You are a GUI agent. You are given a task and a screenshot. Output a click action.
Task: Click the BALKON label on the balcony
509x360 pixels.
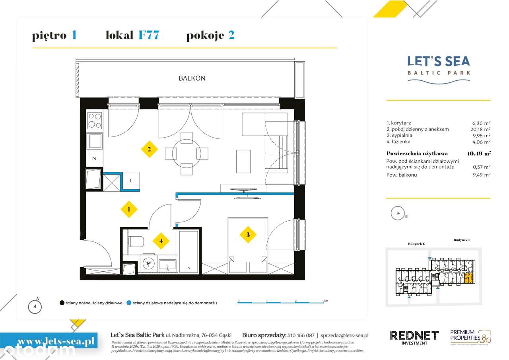[x=192, y=78]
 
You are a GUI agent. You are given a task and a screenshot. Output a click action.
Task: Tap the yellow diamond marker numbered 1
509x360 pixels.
[x=129, y=208]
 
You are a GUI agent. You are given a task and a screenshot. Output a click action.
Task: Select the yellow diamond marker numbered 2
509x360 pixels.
[x=149, y=150]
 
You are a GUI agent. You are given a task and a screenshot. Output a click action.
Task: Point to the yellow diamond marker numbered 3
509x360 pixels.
[x=248, y=235]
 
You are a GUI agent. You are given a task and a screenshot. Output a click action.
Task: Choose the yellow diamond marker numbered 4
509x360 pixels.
[x=161, y=241]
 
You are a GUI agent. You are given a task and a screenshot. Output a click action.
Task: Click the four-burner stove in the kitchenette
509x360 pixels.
[x=95, y=121]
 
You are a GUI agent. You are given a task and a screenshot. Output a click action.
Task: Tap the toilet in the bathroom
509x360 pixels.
[x=136, y=242]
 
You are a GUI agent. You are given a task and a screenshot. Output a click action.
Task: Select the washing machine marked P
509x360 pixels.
[x=149, y=263]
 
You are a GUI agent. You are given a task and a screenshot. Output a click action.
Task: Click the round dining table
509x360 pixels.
[x=187, y=153]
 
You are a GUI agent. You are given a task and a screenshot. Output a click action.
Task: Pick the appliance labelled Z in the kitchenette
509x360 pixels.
[x=95, y=158]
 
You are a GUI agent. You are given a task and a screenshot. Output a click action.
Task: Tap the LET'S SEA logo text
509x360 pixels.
[x=439, y=61]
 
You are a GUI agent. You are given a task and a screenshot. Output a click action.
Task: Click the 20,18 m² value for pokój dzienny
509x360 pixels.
[x=480, y=129]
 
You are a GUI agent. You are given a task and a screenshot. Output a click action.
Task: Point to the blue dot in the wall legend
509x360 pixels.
[x=129, y=303]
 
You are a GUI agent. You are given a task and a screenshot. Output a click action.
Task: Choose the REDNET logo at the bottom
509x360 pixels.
[x=414, y=335]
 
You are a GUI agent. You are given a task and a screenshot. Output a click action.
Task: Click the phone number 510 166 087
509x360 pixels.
[x=298, y=335]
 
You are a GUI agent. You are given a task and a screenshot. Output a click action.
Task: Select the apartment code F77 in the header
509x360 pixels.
[x=149, y=35]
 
